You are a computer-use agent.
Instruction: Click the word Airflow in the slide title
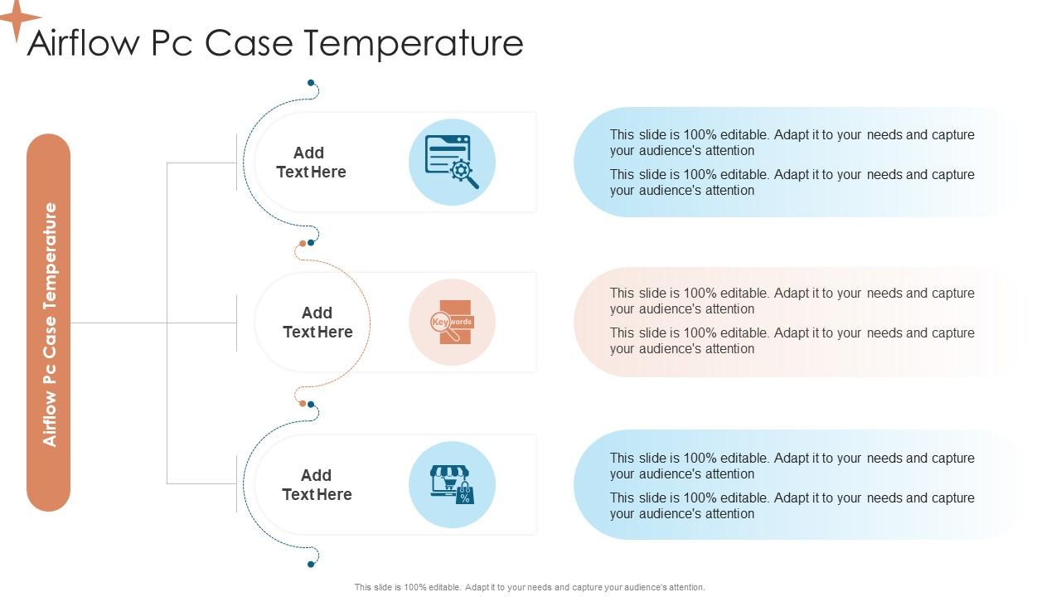pos(84,43)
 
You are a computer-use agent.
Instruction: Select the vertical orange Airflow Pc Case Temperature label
pos(49,323)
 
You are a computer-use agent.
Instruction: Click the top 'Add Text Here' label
pos(311,163)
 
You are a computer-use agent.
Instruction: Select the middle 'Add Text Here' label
pos(317,323)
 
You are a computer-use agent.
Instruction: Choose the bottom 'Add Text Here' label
pos(317,485)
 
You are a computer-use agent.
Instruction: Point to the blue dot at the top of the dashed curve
pos(311,83)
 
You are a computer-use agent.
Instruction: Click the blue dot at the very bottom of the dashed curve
pos(311,564)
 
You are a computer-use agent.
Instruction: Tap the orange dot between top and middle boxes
pos(303,244)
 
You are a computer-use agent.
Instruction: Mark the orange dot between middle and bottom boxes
pos(303,404)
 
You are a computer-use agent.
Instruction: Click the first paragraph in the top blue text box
pos(792,143)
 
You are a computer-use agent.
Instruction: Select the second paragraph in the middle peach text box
pos(792,341)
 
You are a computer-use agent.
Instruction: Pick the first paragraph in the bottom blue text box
pos(792,466)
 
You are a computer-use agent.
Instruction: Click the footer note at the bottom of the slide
pos(530,587)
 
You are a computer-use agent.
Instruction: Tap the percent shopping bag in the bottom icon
pos(465,495)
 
